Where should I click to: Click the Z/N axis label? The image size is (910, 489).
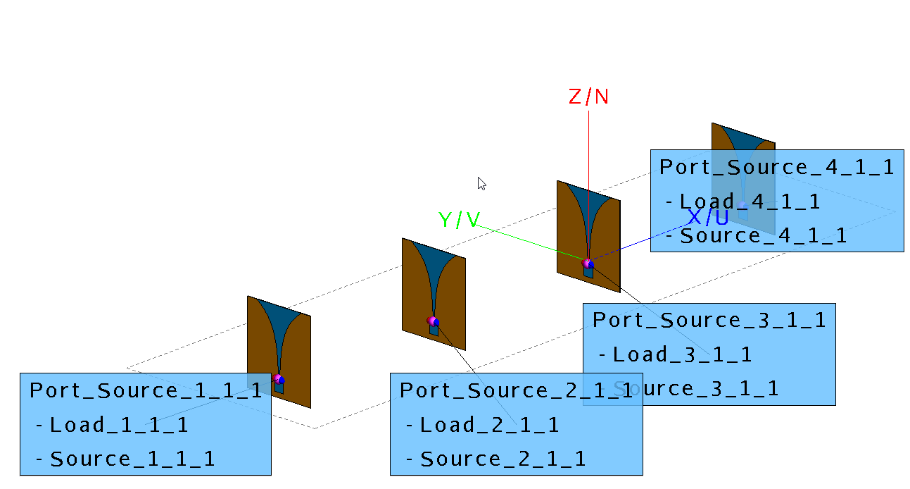click(x=588, y=97)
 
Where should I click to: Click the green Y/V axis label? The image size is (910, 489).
click(x=459, y=220)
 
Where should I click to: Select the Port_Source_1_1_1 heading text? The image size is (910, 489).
click(x=146, y=390)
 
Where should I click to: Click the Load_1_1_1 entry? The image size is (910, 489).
click(x=118, y=425)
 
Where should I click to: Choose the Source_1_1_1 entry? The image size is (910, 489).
click(x=132, y=459)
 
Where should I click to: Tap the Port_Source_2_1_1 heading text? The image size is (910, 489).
click(x=517, y=390)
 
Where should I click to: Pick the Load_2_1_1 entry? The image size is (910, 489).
click(x=488, y=425)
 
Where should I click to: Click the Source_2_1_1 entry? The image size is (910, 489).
click(x=502, y=459)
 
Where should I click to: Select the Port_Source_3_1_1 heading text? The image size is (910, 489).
click(x=709, y=320)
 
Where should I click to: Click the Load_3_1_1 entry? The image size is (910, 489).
click(x=681, y=354)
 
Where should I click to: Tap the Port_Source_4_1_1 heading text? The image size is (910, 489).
click(x=777, y=167)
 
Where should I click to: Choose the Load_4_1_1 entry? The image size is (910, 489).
click(x=749, y=202)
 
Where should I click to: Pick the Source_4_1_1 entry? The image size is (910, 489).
click(x=763, y=236)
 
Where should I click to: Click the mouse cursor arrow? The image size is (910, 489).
click(x=481, y=183)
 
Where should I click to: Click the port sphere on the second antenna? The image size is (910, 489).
click(x=432, y=321)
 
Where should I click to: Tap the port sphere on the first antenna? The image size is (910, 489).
click(x=279, y=379)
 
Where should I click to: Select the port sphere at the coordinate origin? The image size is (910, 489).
click(x=588, y=264)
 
